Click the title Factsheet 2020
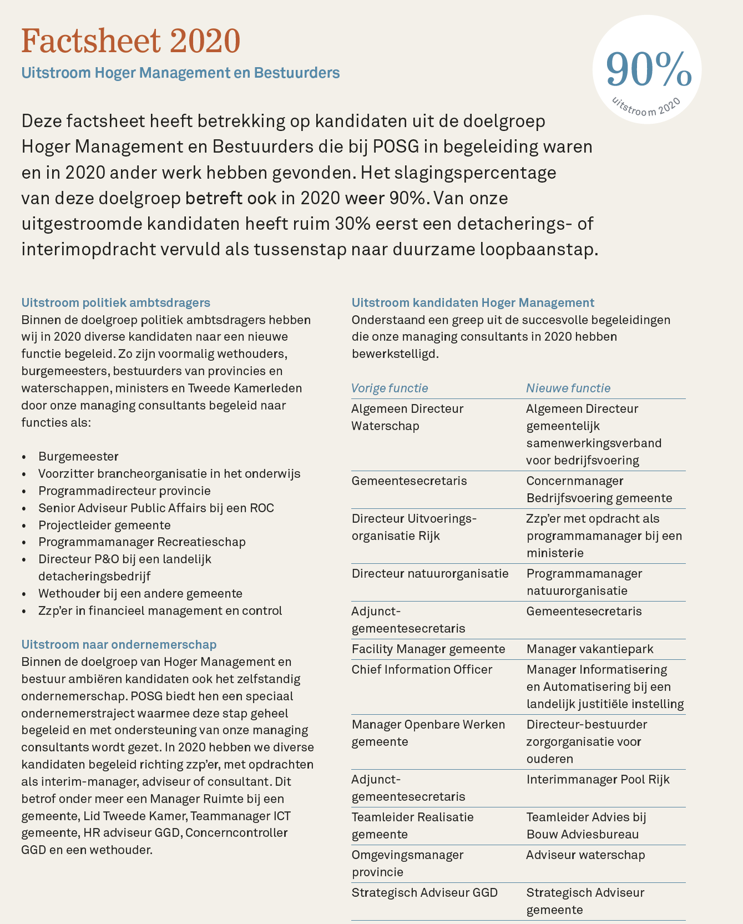(131, 41)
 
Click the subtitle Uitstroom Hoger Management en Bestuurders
(180, 73)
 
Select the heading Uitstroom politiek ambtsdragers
(115, 302)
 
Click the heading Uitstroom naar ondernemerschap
(119, 644)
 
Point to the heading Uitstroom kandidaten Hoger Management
(473, 302)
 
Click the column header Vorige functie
(390, 388)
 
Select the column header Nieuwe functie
(568, 388)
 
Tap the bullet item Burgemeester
(78, 456)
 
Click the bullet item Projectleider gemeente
(104, 525)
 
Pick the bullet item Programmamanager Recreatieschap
(142, 542)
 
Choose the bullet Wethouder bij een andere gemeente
(140, 593)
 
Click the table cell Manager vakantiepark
(590, 649)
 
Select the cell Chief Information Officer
(422, 669)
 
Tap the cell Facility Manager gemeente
(428, 649)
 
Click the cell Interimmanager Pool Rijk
(598, 779)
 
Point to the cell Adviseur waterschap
(585, 855)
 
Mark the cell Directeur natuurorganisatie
(430, 573)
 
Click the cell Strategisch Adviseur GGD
(424, 892)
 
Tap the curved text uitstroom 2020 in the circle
(646, 107)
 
